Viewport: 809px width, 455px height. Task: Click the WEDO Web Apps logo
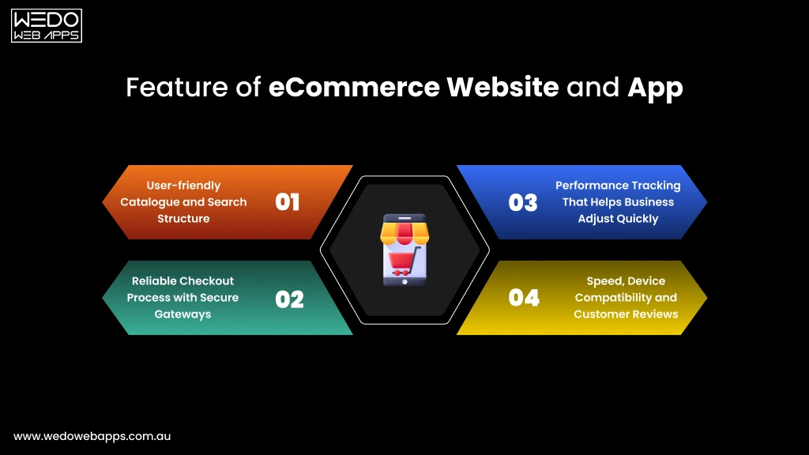pos(47,25)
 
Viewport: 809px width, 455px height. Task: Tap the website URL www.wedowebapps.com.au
pos(92,436)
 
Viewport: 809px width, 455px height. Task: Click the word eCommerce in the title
pos(354,87)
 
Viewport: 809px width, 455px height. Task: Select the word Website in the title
pos(502,87)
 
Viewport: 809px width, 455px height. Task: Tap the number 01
pos(288,202)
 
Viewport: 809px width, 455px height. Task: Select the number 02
pos(289,299)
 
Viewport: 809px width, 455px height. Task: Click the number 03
pos(523,202)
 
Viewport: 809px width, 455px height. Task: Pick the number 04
pos(524,298)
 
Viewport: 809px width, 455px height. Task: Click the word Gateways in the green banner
pos(182,314)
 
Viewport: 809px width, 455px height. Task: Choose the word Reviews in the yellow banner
pos(656,314)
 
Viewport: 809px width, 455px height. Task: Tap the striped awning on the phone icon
pos(404,231)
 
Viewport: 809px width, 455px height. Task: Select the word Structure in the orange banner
pos(183,219)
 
